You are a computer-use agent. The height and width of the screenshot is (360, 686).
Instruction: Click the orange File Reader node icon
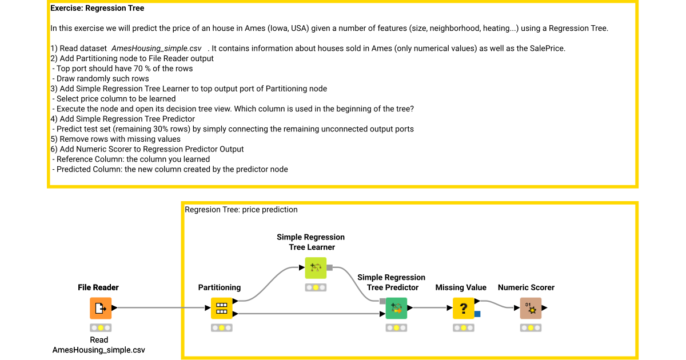[x=101, y=308]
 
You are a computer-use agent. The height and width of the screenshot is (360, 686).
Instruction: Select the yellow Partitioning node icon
[x=222, y=308]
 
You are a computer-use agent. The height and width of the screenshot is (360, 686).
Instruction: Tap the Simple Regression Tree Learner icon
[x=316, y=267]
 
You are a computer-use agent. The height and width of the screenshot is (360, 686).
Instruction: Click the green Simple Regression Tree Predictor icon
[x=396, y=308]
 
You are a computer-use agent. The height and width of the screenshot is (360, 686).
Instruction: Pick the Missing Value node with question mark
[x=464, y=308]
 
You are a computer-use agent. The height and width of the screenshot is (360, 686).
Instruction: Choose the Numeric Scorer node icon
[x=531, y=308]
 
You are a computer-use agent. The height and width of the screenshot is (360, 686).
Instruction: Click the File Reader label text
[x=98, y=287]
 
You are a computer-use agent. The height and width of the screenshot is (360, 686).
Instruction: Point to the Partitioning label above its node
[x=220, y=287]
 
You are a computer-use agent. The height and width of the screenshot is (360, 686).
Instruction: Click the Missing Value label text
[x=461, y=287]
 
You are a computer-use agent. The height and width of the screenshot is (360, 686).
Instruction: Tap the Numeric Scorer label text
[x=526, y=287]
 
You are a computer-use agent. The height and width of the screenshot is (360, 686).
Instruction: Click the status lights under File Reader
[x=101, y=328]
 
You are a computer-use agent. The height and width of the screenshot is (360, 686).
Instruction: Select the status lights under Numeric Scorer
[x=531, y=328]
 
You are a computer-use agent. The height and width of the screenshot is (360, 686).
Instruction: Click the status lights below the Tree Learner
[x=316, y=287]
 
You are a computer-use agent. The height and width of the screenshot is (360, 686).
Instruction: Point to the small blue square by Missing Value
[x=477, y=314]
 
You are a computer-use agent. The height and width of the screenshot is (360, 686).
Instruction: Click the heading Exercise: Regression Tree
[x=97, y=9]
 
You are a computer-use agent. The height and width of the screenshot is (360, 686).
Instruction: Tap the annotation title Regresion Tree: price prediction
[x=241, y=210]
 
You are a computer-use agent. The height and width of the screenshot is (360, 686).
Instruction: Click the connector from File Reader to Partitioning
[x=160, y=308]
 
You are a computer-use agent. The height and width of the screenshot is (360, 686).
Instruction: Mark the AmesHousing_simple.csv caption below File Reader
[x=98, y=350]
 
